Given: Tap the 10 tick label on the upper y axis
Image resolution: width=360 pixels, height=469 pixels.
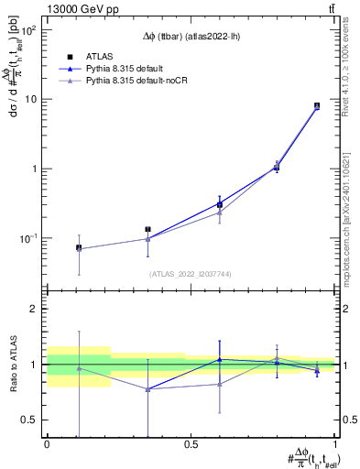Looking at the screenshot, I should click(31, 99).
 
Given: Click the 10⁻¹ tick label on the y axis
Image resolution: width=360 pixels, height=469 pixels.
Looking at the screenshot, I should click(29, 238).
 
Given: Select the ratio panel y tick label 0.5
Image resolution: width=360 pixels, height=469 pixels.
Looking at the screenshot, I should click(32, 420).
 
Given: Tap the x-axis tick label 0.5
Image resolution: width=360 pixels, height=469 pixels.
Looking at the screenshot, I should click(191, 444).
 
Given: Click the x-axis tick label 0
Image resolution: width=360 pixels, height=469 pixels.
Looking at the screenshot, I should click(47, 444).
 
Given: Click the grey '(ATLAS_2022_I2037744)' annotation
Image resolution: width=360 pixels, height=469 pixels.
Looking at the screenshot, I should click(191, 274).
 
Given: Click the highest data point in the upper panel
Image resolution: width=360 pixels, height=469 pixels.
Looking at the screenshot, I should click(317, 106).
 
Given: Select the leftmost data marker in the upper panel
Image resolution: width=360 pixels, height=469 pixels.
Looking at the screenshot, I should click(79, 247).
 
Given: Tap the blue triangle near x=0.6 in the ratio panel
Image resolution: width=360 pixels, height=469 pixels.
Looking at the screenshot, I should click(219, 359).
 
